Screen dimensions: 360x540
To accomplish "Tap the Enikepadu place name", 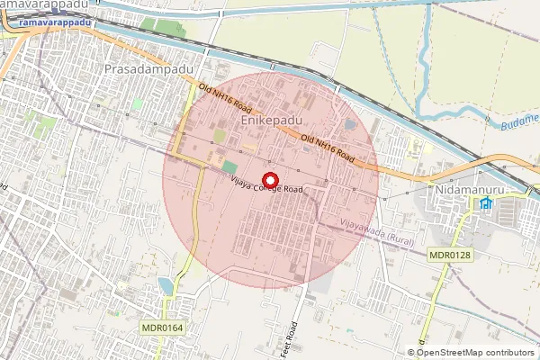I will (x=271, y=119).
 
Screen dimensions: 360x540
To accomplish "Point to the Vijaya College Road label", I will (x=265, y=186).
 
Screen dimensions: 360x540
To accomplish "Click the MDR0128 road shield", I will (x=449, y=256).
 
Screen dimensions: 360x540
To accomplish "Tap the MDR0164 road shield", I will (x=162, y=328).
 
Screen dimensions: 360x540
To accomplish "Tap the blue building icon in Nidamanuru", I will (x=486, y=203).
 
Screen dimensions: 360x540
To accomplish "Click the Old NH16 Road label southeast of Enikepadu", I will (x=328, y=148).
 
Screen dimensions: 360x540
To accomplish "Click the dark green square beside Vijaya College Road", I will (x=229, y=167).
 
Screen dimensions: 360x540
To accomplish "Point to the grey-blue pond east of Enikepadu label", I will (x=349, y=124).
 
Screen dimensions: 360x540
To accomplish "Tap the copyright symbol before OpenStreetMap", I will (x=411, y=353).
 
